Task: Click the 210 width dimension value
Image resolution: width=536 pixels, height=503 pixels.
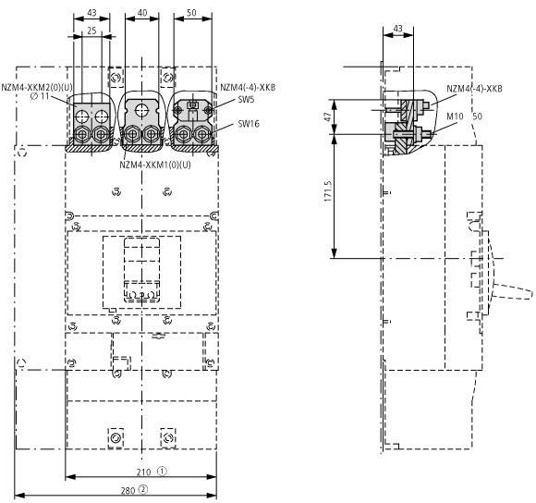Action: [x=143, y=472]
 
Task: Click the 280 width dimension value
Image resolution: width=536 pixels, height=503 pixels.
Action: [x=128, y=491]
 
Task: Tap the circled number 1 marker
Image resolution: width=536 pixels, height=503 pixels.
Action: [x=162, y=472]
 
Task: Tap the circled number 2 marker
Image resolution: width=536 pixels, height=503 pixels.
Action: [x=143, y=490]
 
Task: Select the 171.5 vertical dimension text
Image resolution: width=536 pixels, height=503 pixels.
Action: [x=328, y=191]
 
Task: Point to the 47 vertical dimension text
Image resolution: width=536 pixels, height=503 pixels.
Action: [x=328, y=117]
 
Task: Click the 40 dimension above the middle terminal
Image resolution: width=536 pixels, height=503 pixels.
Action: [x=142, y=13]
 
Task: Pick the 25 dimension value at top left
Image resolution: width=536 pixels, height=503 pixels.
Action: [x=91, y=31]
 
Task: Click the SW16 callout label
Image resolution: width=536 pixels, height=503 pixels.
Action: [x=249, y=124]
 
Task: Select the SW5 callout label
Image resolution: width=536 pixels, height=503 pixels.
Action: [x=246, y=100]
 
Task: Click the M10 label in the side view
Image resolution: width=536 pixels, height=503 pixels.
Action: [x=455, y=117]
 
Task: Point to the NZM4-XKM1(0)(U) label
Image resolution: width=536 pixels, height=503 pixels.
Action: [x=155, y=165]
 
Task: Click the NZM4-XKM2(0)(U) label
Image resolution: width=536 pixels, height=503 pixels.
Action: [x=37, y=88]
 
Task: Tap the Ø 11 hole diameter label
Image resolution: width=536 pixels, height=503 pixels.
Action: [x=40, y=96]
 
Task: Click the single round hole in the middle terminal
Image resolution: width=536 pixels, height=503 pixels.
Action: [x=141, y=110]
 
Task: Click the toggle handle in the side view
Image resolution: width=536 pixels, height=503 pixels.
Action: [x=513, y=291]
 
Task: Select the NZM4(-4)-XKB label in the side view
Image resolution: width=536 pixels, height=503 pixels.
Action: [x=474, y=89]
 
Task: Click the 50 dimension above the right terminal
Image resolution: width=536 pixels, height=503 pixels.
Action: [x=191, y=13]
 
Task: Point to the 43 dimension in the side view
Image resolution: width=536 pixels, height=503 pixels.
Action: [x=398, y=29]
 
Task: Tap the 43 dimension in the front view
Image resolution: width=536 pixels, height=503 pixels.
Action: [x=91, y=13]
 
